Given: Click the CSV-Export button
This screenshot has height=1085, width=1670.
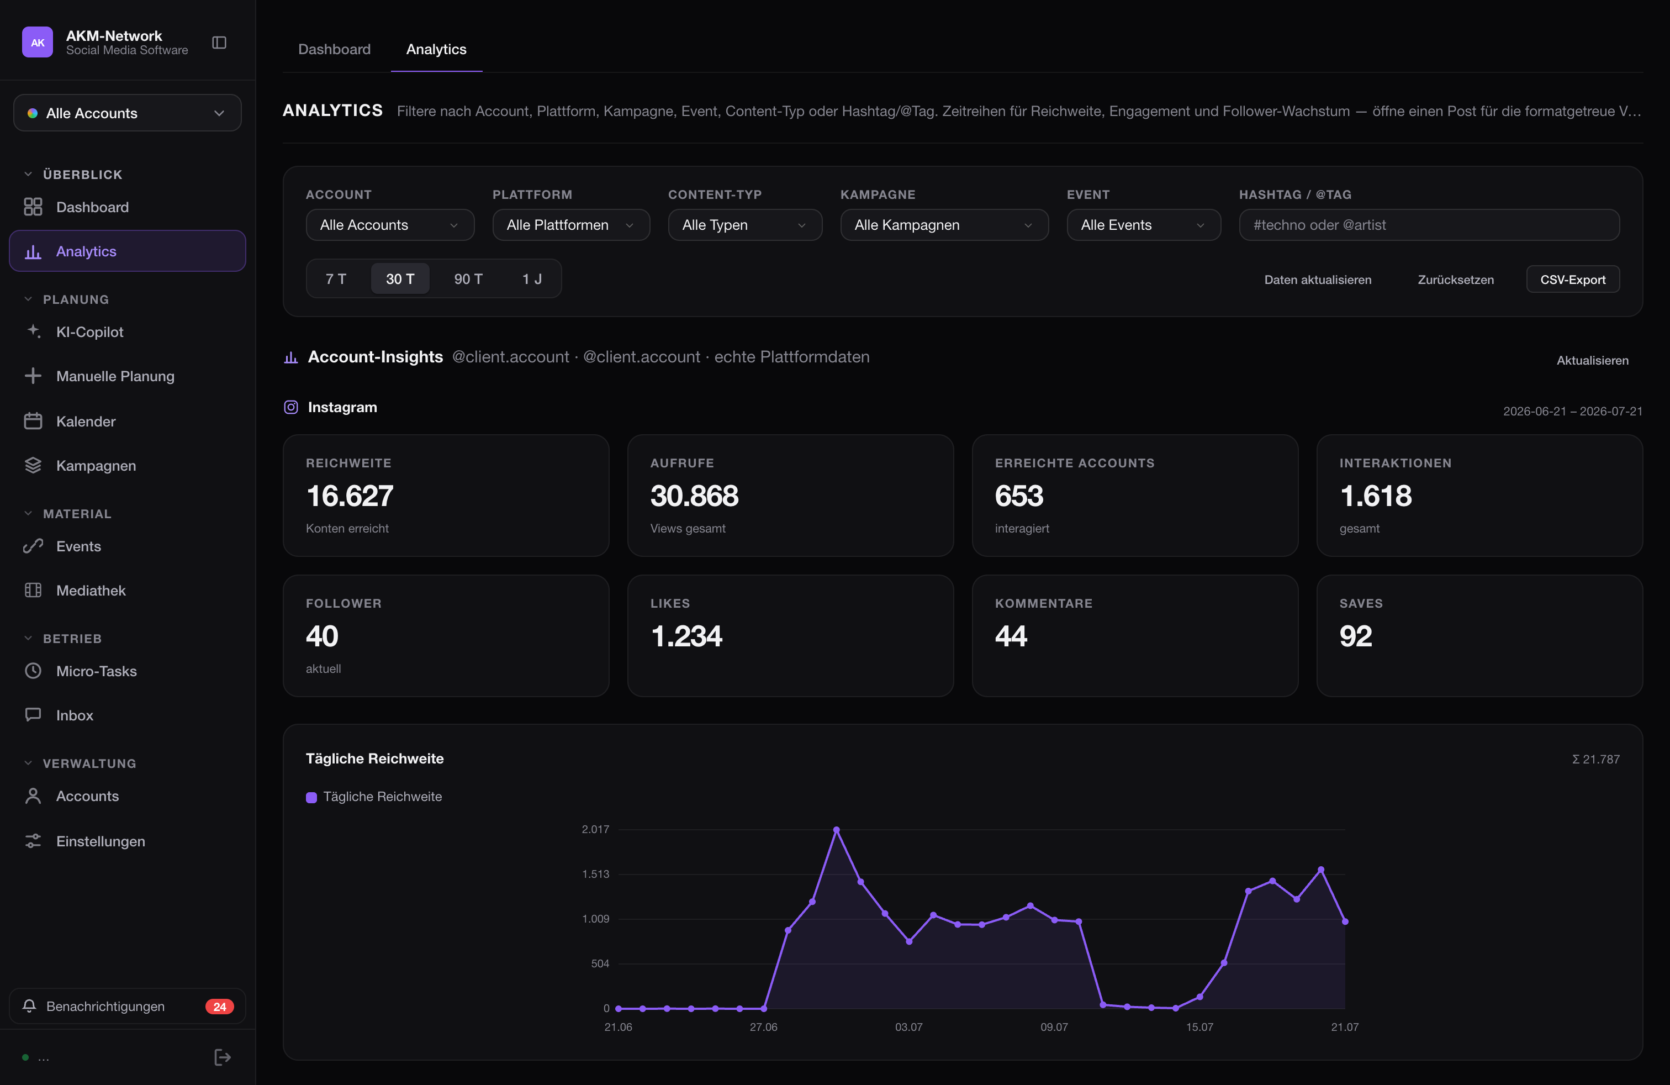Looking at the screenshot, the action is click(x=1572, y=280).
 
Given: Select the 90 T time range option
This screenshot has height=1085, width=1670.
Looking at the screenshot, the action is click(x=468, y=278).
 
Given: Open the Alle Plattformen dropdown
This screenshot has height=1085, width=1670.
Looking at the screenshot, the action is click(x=570, y=225).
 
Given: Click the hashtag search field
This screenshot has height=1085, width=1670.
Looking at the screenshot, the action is click(x=1429, y=225).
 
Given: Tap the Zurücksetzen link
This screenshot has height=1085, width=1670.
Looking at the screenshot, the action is click(x=1455, y=280).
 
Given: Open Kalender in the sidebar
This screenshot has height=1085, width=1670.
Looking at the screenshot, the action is click(x=86, y=421).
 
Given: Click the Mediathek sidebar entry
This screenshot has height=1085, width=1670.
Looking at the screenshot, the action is click(x=91, y=590).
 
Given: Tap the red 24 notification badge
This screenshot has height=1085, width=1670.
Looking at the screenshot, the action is click(x=220, y=1007).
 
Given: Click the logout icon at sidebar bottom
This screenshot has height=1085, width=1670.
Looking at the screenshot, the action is click(x=223, y=1057).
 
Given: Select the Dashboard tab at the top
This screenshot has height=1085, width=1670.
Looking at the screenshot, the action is click(x=334, y=49).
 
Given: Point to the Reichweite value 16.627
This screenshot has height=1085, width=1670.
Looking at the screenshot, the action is click(x=350, y=496).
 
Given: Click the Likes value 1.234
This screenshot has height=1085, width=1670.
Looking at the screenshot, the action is click(x=686, y=636).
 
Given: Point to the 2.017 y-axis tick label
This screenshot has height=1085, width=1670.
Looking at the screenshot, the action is click(x=595, y=830).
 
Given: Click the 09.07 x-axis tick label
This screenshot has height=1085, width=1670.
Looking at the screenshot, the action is click(x=1054, y=1027).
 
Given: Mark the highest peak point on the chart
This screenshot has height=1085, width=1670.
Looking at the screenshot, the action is click(x=837, y=830).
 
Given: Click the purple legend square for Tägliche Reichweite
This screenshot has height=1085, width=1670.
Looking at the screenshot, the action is click(x=311, y=797).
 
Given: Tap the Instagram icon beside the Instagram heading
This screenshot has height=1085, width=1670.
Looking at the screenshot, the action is click(x=290, y=407).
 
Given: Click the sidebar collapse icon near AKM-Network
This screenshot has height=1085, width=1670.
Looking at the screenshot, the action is click(x=219, y=43).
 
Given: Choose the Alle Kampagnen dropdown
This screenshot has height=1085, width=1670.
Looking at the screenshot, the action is click(x=944, y=225).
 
